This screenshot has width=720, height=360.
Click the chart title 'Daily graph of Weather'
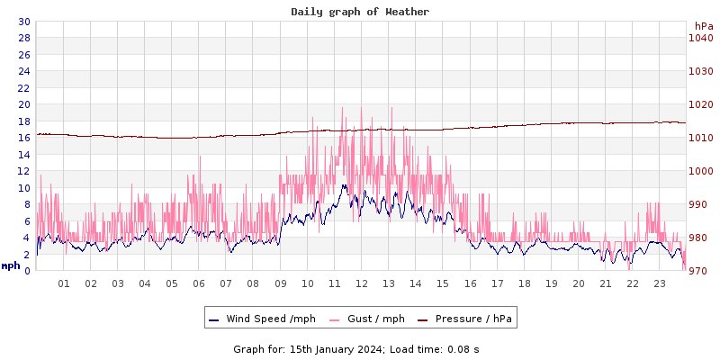tap(360, 12)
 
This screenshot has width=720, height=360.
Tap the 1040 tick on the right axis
tap(700, 38)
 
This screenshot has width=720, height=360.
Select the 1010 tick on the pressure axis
tap(700, 138)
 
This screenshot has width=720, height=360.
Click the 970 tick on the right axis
tap(700, 271)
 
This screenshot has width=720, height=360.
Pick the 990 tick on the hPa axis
tap(700, 204)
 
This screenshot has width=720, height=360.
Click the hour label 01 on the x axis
tap(64, 283)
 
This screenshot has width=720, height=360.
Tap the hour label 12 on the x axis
tap(362, 283)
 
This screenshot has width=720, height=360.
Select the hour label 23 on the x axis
tap(660, 283)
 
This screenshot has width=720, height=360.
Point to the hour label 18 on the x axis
tap(525, 283)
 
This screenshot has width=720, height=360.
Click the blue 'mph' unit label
tap(10, 265)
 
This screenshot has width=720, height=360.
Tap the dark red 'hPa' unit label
tap(703, 26)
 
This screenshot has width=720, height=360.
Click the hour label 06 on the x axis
tap(199, 283)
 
